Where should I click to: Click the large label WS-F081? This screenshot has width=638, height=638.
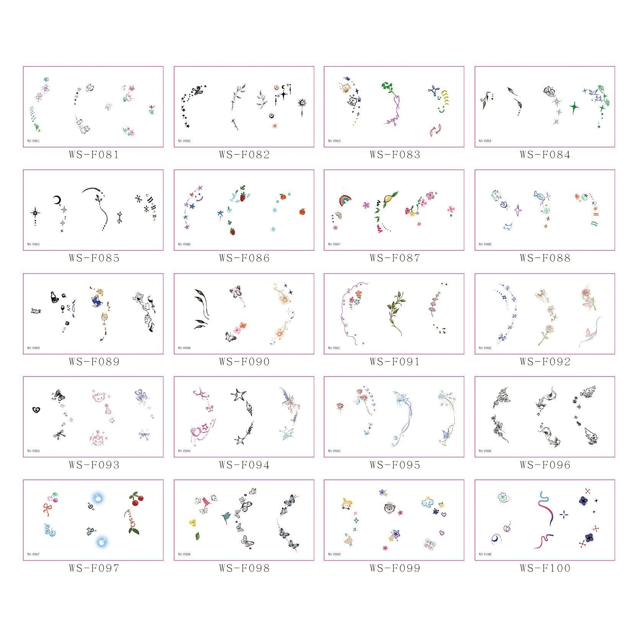94,155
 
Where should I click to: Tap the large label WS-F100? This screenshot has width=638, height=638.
545,568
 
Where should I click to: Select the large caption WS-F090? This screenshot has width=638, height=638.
244,362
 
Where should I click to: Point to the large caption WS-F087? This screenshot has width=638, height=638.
395,258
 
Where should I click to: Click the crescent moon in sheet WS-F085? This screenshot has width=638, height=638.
57,200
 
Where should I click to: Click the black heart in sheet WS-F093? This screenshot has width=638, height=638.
36,410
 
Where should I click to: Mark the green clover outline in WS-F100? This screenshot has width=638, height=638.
503,497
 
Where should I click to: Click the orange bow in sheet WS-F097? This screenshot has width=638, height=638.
48,509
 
